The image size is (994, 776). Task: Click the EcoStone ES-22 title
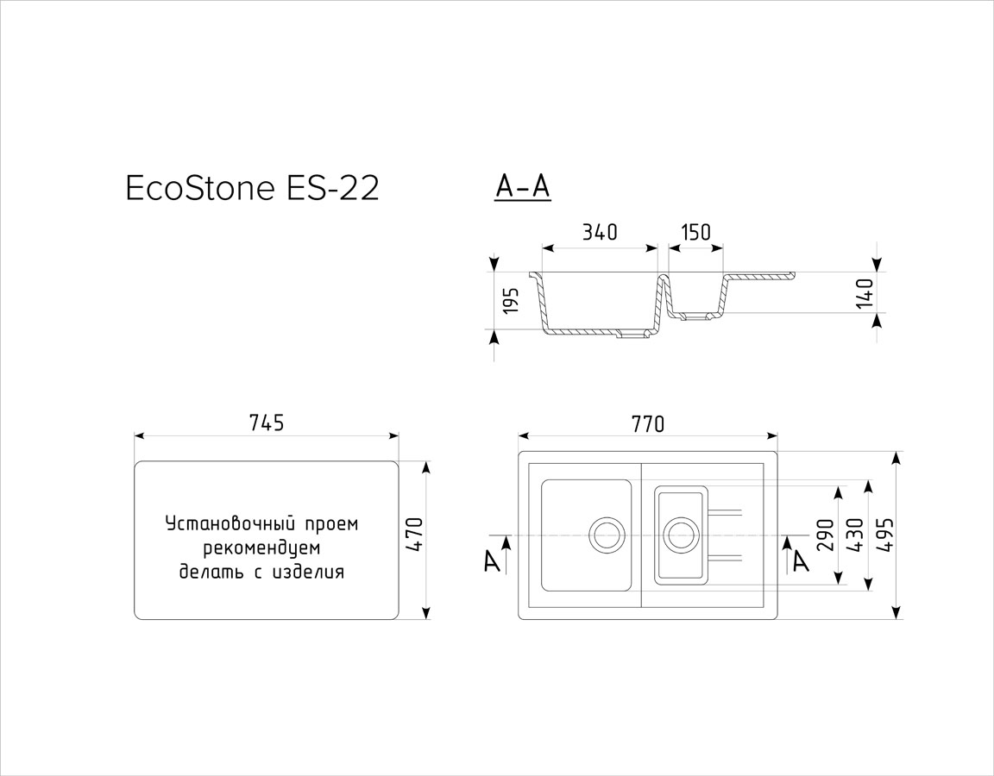(x=253, y=189)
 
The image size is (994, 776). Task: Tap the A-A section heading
(x=522, y=187)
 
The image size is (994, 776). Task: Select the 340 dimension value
(x=599, y=233)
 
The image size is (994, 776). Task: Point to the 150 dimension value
(x=695, y=233)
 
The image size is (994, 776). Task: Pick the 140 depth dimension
(x=864, y=292)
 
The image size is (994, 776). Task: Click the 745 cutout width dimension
(x=267, y=422)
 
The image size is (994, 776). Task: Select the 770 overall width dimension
(x=647, y=424)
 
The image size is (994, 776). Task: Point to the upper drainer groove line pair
(x=725, y=510)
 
